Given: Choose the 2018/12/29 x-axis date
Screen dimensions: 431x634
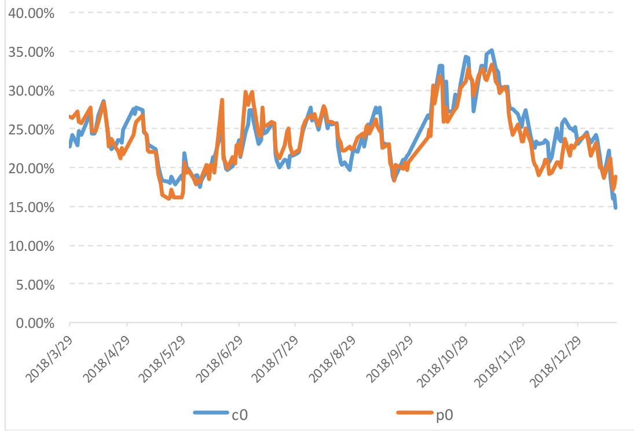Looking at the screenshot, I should [x=558, y=357].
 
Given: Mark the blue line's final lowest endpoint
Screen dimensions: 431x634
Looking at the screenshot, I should [x=615, y=207].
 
